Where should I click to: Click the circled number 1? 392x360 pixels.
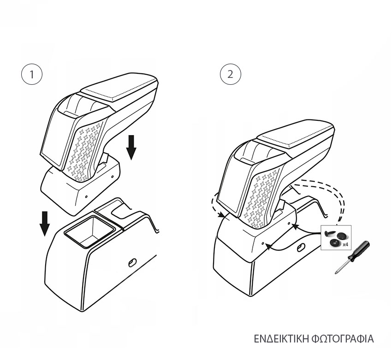tap(32, 75)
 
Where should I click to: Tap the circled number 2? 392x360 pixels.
tap(230, 75)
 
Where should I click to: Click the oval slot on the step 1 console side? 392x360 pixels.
tap(132, 262)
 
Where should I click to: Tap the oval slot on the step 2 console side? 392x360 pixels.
tap(300, 248)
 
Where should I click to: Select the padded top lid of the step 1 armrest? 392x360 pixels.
tap(119, 87)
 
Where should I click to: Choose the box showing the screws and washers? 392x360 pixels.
tap(336, 237)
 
